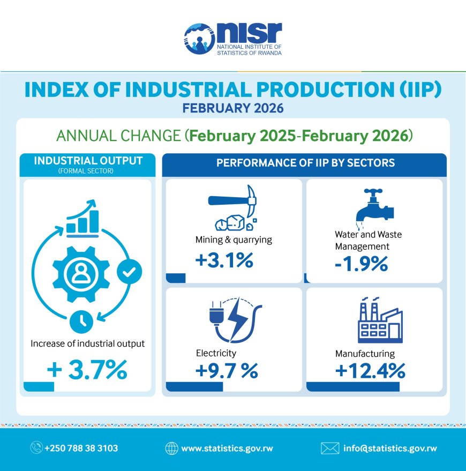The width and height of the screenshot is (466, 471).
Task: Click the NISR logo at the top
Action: [232, 39]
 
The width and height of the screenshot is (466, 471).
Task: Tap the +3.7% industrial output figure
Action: [87, 370]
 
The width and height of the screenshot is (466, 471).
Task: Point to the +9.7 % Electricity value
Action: [228, 370]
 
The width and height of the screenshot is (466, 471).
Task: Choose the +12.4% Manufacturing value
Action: [370, 370]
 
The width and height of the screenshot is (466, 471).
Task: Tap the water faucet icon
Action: [374, 206]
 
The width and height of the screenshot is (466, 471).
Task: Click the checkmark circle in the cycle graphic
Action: [129, 272]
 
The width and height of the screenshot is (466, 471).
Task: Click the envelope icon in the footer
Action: [330, 448]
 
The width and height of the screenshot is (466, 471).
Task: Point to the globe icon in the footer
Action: [172, 448]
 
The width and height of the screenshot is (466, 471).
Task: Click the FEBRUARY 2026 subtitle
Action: [232, 108]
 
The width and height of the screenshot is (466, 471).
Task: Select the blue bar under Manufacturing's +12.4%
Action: [353, 387]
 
